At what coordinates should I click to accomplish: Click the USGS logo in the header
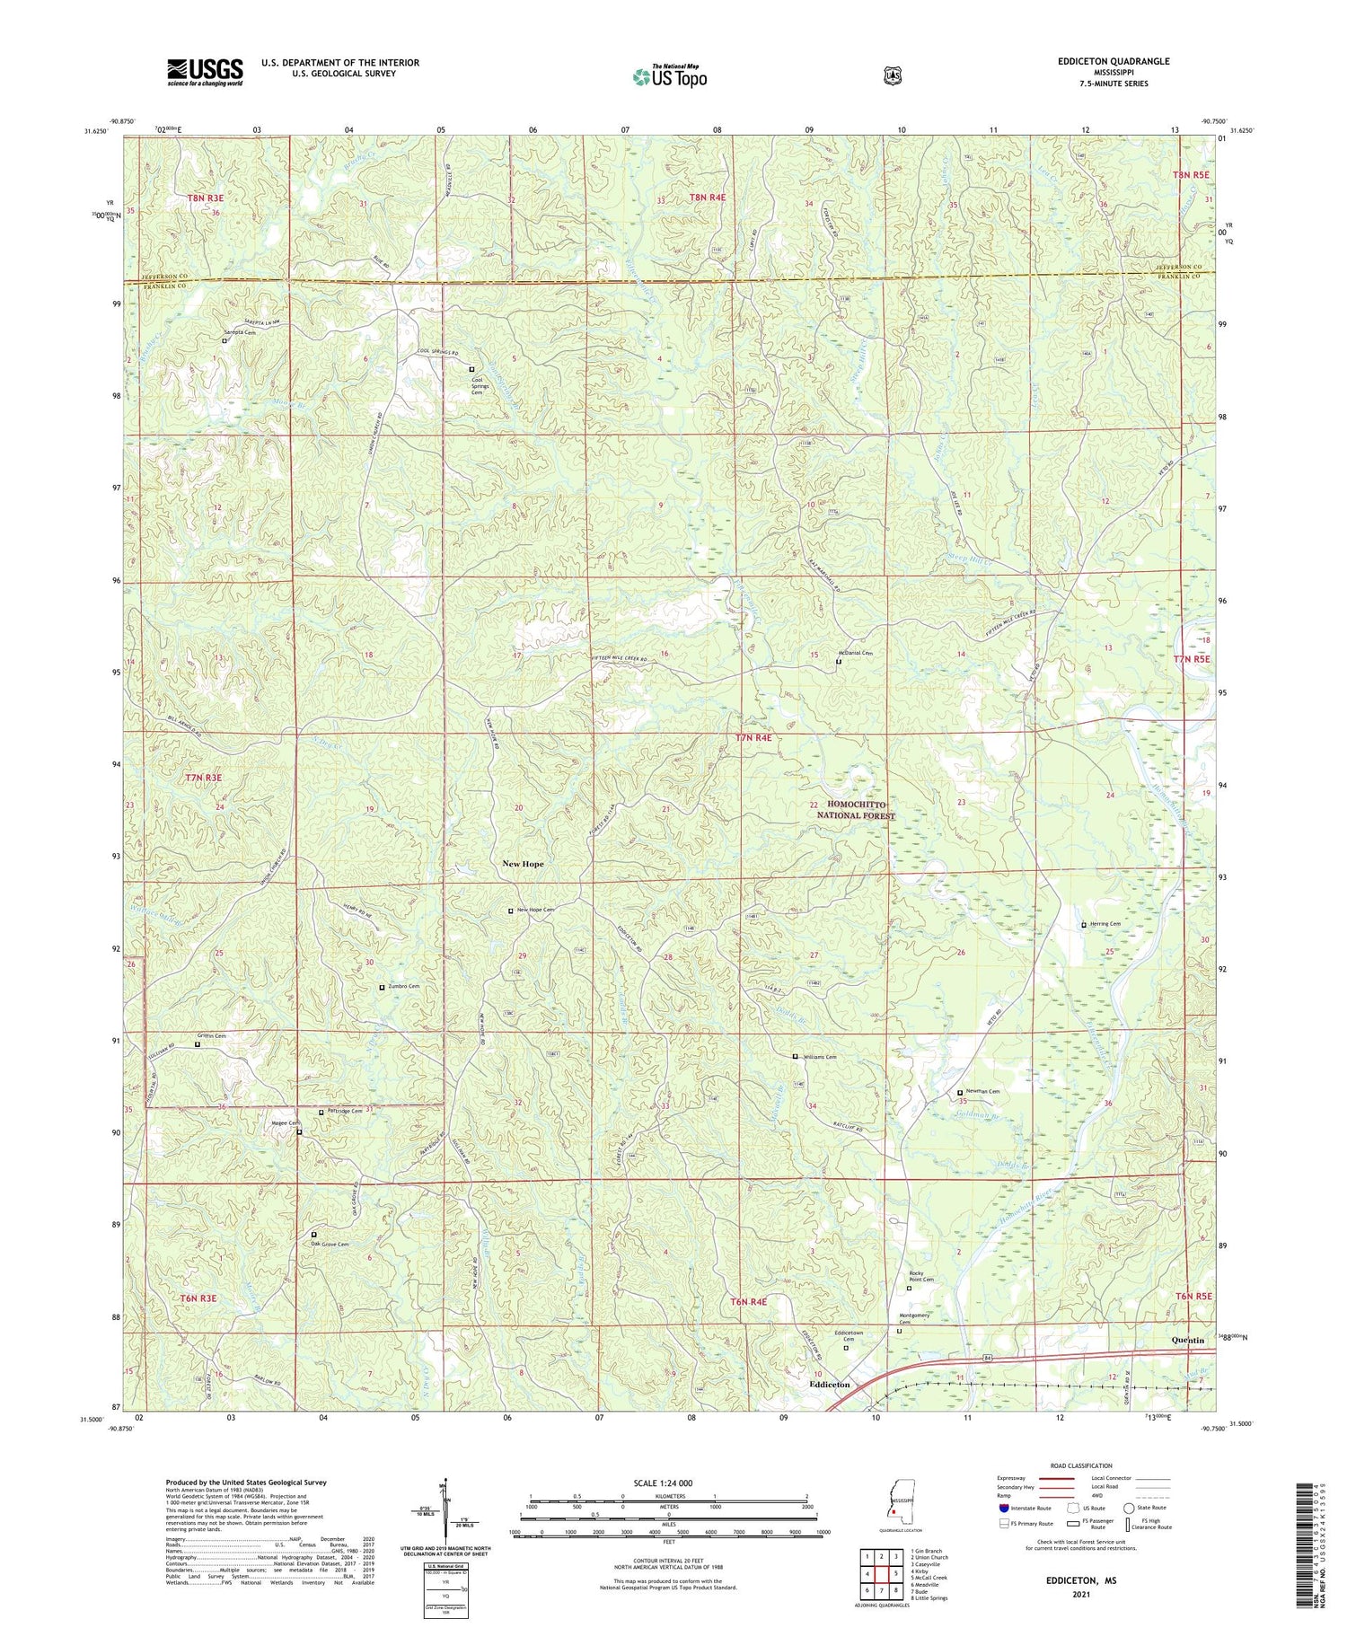pyautogui.click(x=205, y=72)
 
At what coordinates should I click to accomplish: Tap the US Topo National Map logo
pyautogui.click(x=670, y=76)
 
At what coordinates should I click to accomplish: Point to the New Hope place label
pyautogui.click(x=523, y=864)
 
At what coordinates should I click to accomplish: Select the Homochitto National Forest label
pyautogui.click(x=856, y=810)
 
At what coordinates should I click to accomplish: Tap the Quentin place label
pyautogui.click(x=1188, y=1340)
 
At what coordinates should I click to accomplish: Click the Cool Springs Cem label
pyautogui.click(x=478, y=386)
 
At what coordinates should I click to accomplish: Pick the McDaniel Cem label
pyautogui.click(x=855, y=653)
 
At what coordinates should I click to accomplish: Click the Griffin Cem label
pyautogui.click(x=214, y=1036)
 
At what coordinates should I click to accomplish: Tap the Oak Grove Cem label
pyautogui.click(x=329, y=1244)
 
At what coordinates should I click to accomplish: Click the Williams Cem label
pyautogui.click(x=819, y=1057)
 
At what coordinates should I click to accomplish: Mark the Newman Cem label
pyautogui.click(x=982, y=1091)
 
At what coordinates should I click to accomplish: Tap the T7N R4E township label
pyautogui.click(x=753, y=737)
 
